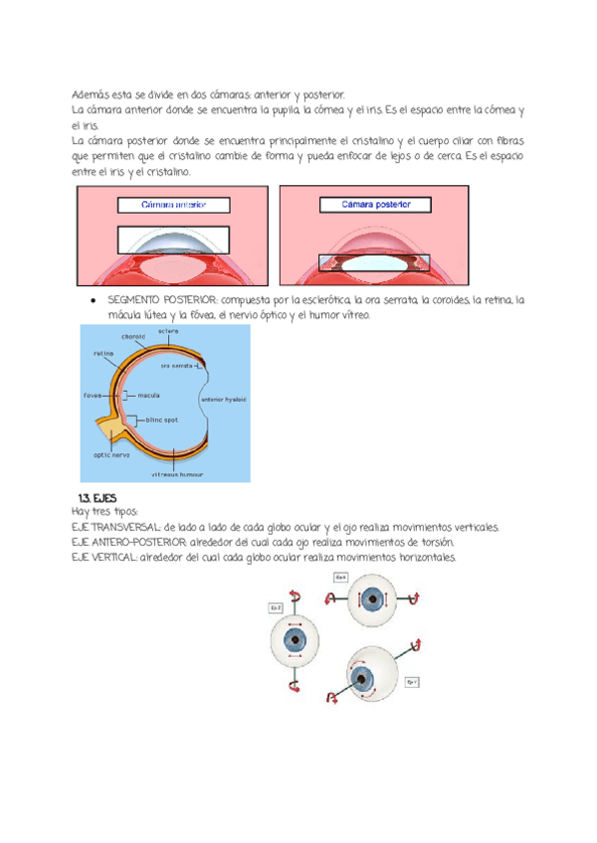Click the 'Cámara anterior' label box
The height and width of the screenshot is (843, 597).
tap(173, 206)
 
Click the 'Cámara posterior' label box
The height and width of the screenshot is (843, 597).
tap(377, 205)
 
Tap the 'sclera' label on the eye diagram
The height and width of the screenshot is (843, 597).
tap(168, 330)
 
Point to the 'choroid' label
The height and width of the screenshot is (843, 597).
tap(135, 337)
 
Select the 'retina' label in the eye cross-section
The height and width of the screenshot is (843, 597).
tap(102, 352)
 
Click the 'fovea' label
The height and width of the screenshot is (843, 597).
tap(93, 395)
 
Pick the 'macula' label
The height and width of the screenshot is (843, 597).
tap(149, 395)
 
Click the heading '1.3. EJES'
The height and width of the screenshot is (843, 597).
tap(98, 497)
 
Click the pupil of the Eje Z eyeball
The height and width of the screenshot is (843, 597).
tap(296, 641)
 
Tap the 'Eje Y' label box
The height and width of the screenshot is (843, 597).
tap(412, 682)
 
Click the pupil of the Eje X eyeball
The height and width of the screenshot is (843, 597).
tap(373, 599)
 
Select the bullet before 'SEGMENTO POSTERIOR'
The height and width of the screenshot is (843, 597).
tap(92, 300)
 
